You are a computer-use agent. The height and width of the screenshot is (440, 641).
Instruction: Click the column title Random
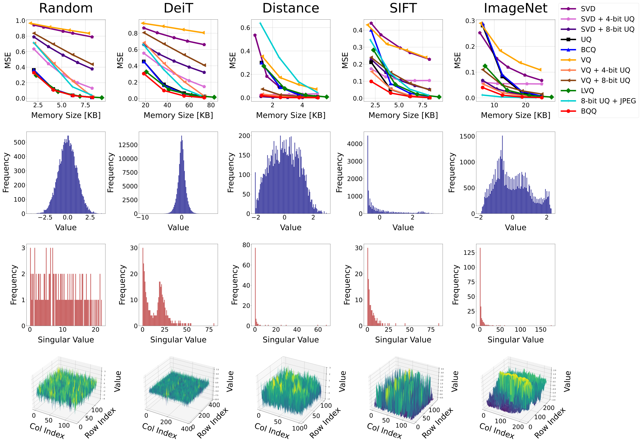tap(66, 8)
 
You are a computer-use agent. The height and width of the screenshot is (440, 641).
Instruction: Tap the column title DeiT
tap(178, 8)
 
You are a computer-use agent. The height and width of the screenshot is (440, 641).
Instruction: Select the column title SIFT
tap(403, 8)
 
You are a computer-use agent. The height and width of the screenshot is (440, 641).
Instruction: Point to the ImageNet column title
tap(515, 8)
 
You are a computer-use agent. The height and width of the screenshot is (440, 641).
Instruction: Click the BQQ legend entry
tap(589, 111)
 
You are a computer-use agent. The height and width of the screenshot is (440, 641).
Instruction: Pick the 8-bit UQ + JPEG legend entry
tap(608, 101)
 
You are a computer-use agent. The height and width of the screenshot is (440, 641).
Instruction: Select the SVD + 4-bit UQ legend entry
tap(607, 19)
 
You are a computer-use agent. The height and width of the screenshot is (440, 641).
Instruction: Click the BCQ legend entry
tap(588, 50)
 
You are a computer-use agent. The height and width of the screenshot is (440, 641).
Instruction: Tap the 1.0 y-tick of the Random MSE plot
tap(20, 21)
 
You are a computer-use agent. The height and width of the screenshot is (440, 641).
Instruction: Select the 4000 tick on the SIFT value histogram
tap(354, 144)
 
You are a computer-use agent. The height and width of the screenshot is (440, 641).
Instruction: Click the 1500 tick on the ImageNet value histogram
tap(467, 136)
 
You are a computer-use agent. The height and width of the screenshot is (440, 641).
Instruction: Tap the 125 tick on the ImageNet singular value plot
tap(469, 253)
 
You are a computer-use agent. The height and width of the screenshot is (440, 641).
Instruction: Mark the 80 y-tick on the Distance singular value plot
tap(246, 245)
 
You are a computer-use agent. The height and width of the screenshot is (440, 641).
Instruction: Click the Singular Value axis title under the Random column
tap(66, 340)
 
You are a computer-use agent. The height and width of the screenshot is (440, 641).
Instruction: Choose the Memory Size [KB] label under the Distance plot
tap(291, 115)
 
